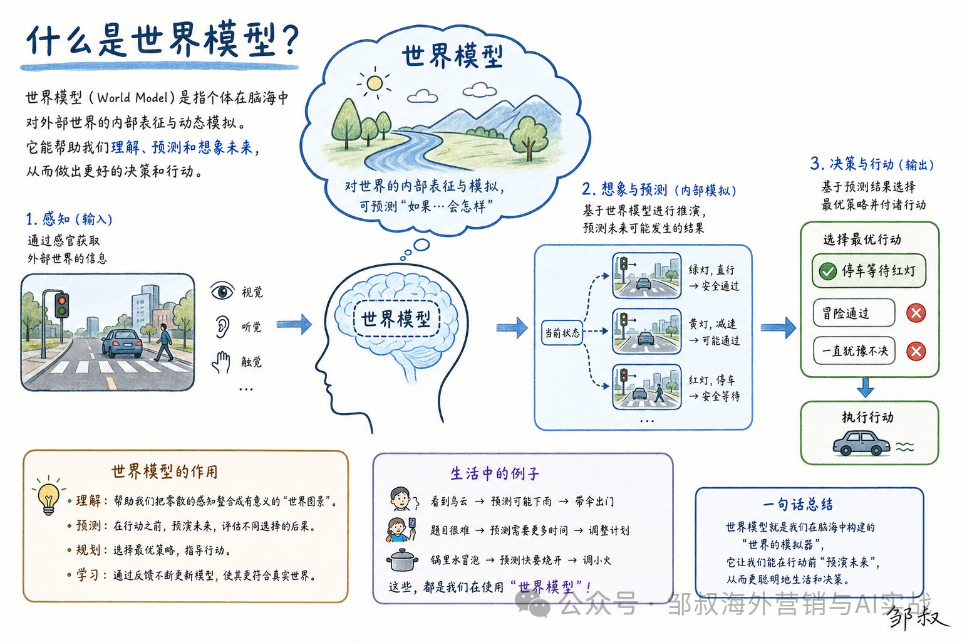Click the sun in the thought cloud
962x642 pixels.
[x=375, y=83]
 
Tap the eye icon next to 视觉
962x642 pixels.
[x=222, y=291]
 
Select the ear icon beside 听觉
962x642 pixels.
[x=222, y=327]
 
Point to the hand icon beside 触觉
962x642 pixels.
[x=222, y=362]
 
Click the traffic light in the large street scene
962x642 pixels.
[x=62, y=305]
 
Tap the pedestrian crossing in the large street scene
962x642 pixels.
[x=125, y=366]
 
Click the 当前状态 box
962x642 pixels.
[x=562, y=332]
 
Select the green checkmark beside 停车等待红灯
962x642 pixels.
[x=827, y=271]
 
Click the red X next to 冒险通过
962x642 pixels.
[x=916, y=313]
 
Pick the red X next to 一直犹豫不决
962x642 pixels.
[x=916, y=351]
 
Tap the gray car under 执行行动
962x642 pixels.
[x=861, y=443]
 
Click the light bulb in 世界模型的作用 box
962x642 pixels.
[x=48, y=498]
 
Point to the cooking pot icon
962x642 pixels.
[x=402, y=560]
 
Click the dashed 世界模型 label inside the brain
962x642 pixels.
[x=396, y=318]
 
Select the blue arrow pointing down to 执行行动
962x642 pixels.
[x=866, y=387]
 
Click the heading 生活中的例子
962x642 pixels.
[x=494, y=473]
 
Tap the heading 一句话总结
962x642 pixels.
[x=797, y=504]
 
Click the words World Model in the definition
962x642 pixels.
[x=132, y=98]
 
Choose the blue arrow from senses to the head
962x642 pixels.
[x=294, y=324]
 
